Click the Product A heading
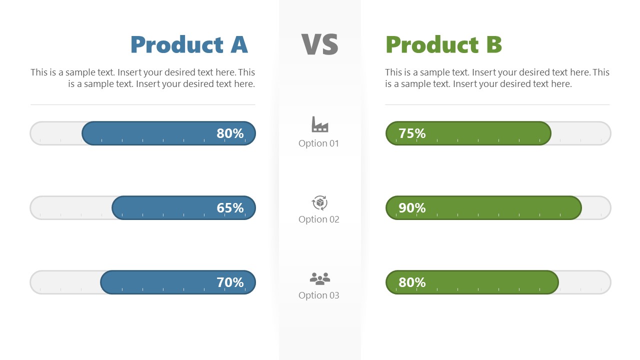189,45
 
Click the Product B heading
443,45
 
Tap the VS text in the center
319,44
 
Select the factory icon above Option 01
319,124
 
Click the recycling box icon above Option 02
319,203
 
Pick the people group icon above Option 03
319,278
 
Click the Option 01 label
319,143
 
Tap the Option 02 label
319,219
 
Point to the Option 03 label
319,295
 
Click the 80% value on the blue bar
230,133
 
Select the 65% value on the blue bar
230,208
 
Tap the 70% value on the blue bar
230,282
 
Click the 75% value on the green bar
412,133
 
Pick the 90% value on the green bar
412,208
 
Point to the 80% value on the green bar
412,282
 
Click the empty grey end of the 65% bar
70,208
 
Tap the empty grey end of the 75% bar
580,133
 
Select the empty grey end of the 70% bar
65,282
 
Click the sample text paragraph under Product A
143,78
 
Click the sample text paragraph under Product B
497,78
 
